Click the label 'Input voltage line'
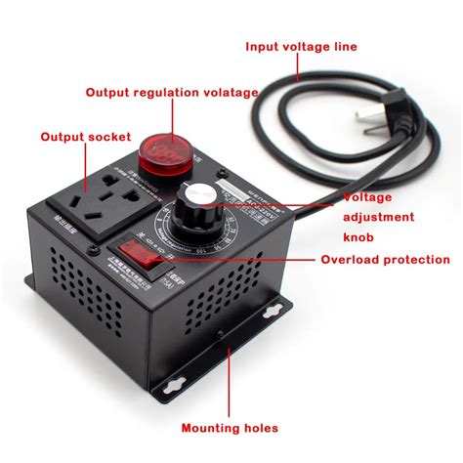point(300,46)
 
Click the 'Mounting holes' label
point(230,428)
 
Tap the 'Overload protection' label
point(386,260)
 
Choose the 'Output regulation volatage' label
point(171,93)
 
